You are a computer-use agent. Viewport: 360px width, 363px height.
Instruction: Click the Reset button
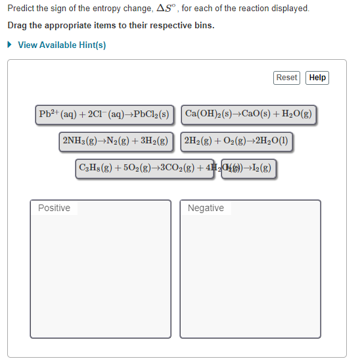pyautogui.click(x=286, y=78)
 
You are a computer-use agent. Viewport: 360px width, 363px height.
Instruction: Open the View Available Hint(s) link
pyautogui.click(x=62, y=45)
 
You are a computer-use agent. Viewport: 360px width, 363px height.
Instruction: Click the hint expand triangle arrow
pyautogui.click(x=10, y=45)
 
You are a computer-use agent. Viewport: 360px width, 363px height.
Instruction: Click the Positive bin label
pyautogui.click(x=54, y=208)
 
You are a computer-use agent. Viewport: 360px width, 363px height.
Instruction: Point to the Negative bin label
pyautogui.click(x=206, y=208)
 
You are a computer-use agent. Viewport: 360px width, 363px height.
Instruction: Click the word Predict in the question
pyautogui.click(x=22, y=9)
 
